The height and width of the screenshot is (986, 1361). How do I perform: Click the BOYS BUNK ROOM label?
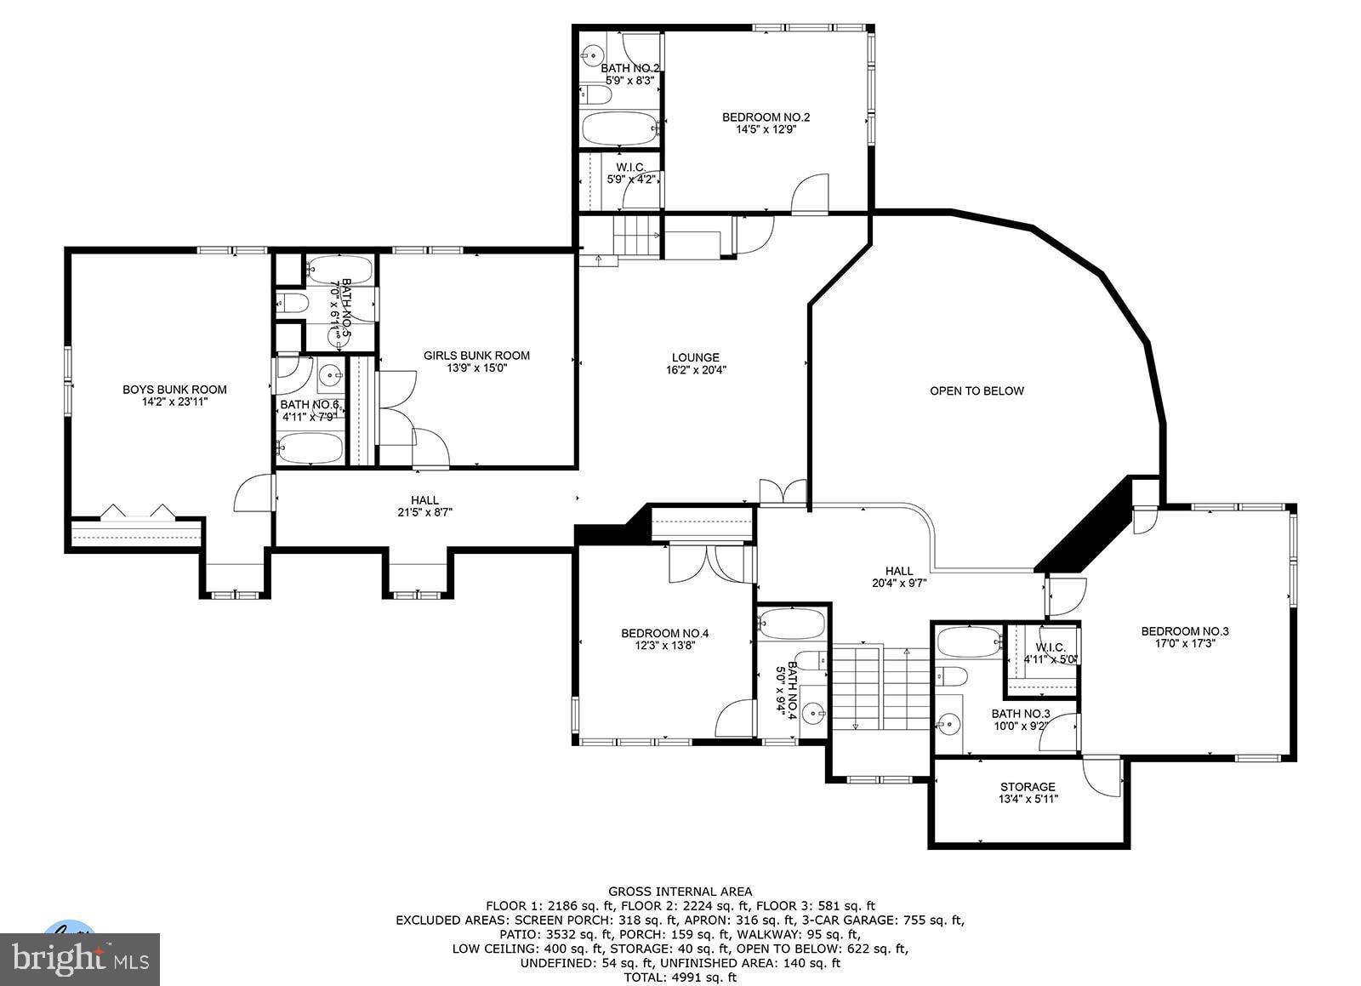(174, 390)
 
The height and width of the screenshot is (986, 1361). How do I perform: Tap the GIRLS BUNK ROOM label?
(476, 356)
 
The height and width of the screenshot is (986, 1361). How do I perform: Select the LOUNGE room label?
(695, 357)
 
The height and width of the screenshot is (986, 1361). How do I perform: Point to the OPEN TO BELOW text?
(977, 391)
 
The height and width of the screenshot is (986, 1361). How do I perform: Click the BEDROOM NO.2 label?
(766, 117)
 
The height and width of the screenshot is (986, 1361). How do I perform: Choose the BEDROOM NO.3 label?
(1184, 631)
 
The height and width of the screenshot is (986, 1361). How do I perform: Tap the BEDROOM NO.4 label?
(664, 633)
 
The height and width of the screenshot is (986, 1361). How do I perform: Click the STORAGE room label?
(1028, 787)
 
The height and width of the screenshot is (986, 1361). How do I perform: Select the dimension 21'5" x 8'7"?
(424, 513)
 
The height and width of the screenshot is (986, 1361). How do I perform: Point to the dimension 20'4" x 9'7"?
(898, 584)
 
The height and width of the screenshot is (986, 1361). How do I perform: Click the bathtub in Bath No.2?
(619, 129)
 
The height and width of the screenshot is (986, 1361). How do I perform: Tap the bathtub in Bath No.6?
(310, 447)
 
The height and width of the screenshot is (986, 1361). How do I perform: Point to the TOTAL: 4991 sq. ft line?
(680, 977)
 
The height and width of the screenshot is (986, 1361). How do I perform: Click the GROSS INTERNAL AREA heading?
(680, 892)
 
